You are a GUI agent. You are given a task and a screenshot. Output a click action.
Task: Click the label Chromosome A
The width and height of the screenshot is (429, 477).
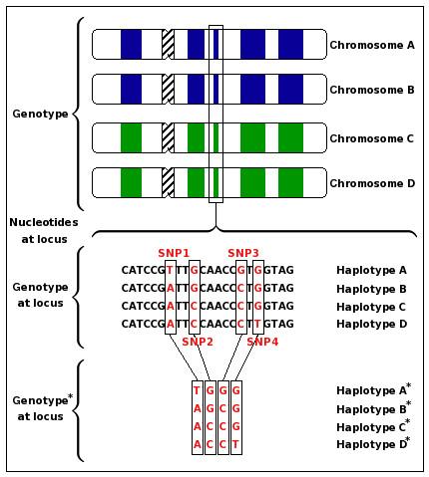373,45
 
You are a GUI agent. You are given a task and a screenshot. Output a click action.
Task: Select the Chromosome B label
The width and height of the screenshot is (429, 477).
373,91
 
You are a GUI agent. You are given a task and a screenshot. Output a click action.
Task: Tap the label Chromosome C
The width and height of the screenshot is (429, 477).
373,137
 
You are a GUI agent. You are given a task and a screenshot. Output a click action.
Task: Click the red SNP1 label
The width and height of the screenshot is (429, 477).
174,253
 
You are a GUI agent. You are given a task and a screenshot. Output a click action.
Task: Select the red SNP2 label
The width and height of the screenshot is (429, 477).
198,342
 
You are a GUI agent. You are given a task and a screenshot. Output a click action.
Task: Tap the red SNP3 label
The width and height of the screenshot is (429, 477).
243,253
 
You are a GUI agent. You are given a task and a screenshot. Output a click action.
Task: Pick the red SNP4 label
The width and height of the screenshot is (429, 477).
263,342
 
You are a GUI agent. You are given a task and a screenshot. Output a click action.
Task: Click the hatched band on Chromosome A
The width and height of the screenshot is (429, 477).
168,44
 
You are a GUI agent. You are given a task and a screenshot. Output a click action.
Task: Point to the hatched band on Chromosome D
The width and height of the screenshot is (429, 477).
168,183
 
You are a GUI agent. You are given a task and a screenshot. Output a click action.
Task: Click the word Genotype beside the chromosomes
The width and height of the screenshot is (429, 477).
41,115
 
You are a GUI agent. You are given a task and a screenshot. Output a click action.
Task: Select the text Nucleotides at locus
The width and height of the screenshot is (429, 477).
41,230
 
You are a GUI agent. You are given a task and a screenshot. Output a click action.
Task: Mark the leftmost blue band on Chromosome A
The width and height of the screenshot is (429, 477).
131,44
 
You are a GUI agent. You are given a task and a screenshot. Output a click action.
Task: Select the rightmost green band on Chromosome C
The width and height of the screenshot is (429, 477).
290,136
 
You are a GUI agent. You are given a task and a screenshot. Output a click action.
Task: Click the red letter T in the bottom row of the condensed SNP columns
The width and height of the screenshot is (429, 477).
236,444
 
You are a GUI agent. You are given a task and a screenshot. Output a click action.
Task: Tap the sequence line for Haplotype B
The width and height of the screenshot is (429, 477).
208,288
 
